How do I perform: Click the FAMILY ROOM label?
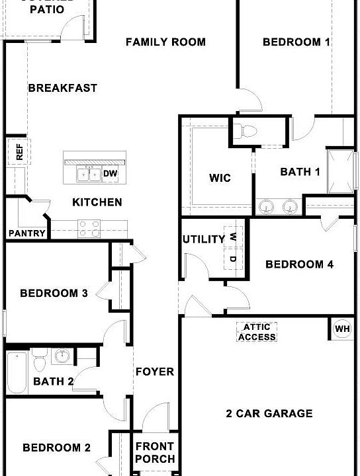165,42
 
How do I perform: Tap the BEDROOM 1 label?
296,42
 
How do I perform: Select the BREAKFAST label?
62,88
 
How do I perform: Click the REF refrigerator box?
19,152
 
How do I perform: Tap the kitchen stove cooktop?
89,228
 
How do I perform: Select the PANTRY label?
27,233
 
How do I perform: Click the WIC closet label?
220,178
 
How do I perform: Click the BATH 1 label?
300,172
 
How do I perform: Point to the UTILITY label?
204,239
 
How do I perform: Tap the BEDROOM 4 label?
299,264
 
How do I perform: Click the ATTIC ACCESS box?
257,332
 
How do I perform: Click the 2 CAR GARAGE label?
269,414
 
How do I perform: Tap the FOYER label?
155,372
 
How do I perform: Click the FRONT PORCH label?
155,453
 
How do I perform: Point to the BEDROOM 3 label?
54,294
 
